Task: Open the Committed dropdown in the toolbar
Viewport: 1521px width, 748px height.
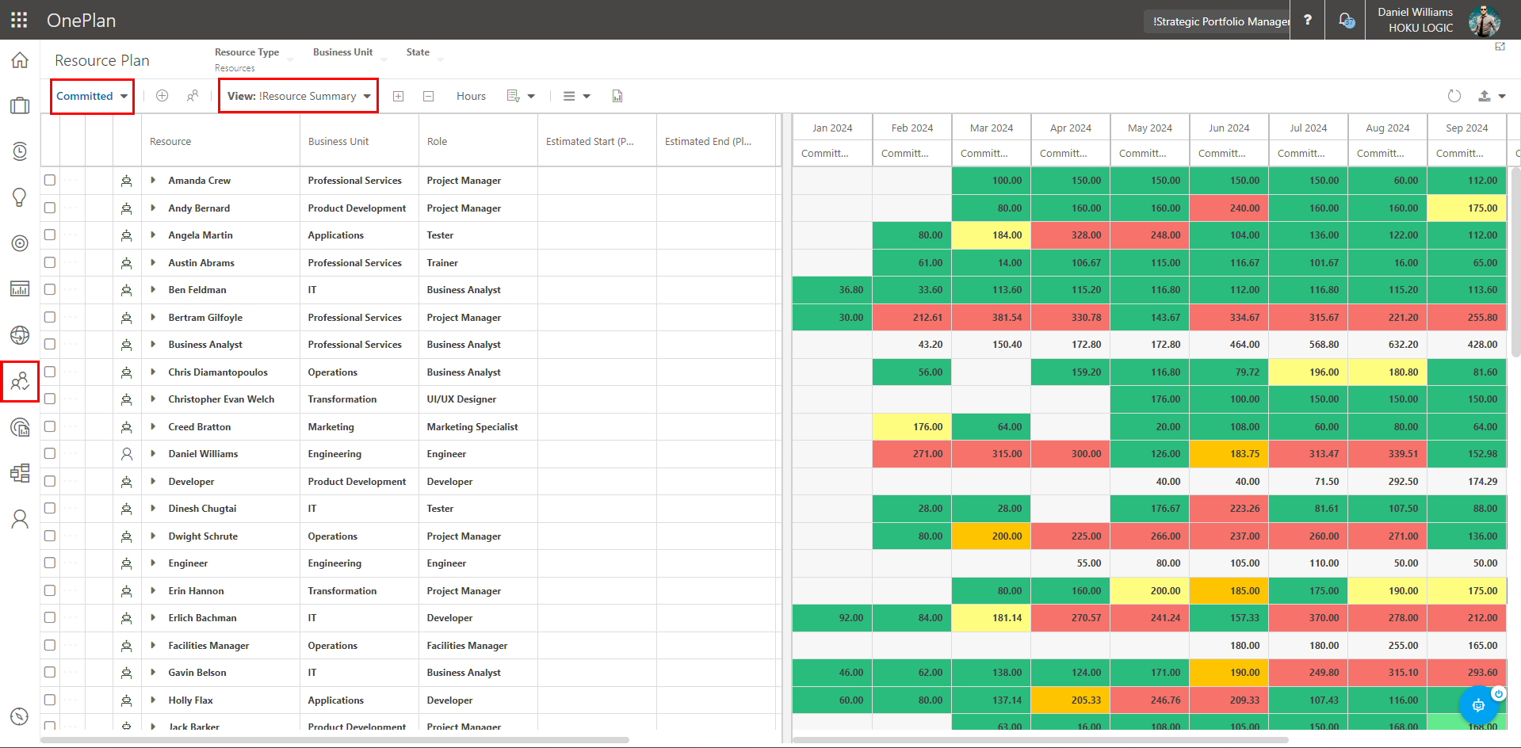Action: pos(92,97)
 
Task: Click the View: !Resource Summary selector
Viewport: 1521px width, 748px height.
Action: pos(299,97)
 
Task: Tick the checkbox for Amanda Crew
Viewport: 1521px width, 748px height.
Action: pos(50,181)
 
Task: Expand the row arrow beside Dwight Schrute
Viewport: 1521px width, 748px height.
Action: pos(153,536)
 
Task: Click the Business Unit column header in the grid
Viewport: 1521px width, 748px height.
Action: pos(338,142)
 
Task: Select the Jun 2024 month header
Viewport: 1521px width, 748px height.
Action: pos(1229,128)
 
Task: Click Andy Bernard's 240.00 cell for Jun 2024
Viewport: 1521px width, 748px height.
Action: pos(1229,208)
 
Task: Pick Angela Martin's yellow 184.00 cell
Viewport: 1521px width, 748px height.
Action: pos(991,235)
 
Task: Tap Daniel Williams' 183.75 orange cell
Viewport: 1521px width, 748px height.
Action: pos(1229,454)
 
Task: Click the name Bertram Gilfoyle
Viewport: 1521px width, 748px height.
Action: pos(205,318)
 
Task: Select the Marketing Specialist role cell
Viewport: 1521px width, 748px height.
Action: pos(472,427)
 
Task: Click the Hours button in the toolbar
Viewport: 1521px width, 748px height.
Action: pos(471,97)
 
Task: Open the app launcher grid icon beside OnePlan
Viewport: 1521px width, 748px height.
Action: pos(19,20)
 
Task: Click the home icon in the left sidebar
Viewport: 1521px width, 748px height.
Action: pos(20,60)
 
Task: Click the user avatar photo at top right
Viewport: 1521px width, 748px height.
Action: pos(1484,21)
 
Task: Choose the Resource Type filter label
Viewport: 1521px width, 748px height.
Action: pos(246,52)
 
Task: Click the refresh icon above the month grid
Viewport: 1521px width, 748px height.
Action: pos(1454,96)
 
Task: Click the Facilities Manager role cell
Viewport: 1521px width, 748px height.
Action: pos(467,646)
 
